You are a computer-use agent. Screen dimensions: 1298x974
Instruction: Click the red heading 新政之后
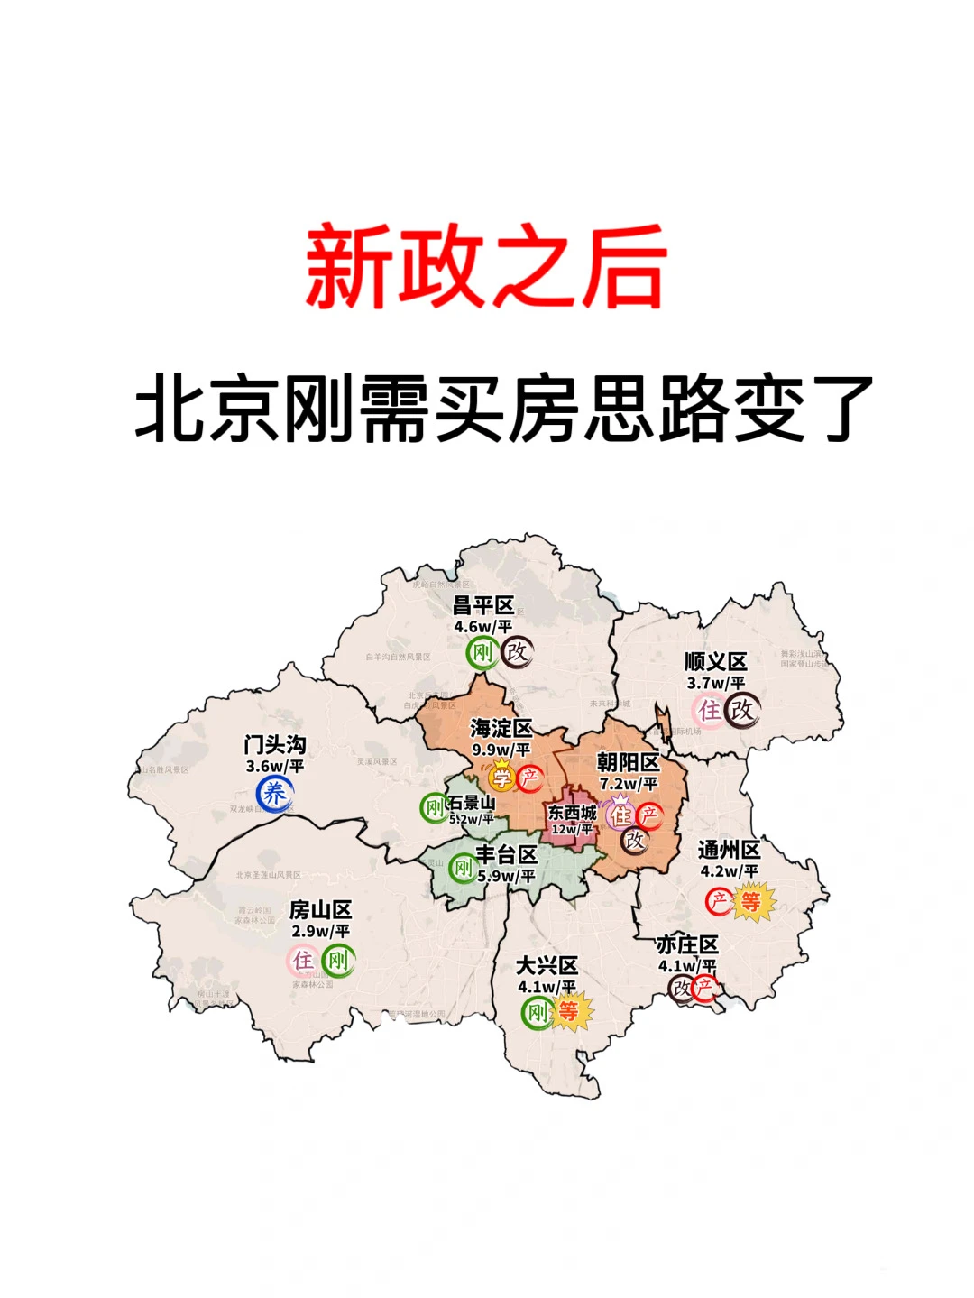click(486, 268)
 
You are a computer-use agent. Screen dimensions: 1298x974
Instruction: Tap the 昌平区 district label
click(483, 605)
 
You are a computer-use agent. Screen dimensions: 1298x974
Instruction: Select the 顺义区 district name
click(715, 662)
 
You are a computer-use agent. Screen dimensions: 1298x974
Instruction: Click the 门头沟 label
click(275, 745)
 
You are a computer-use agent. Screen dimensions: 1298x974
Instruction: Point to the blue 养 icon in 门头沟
click(274, 794)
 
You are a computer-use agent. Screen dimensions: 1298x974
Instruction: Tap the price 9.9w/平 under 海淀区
click(501, 750)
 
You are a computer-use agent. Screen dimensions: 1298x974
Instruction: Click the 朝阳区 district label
click(629, 763)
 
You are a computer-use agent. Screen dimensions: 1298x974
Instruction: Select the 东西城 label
click(573, 812)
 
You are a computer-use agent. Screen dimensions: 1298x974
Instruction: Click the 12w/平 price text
click(573, 829)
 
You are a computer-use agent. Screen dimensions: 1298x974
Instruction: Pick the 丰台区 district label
click(507, 854)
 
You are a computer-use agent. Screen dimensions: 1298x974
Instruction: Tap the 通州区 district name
click(730, 850)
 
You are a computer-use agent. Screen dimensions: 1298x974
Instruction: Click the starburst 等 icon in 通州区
click(750, 901)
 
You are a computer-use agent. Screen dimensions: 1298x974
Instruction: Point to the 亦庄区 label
click(687, 944)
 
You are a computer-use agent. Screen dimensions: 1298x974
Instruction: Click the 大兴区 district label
click(547, 966)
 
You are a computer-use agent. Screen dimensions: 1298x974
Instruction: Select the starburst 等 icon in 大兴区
click(568, 1012)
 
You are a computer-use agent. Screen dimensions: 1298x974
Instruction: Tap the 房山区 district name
click(320, 910)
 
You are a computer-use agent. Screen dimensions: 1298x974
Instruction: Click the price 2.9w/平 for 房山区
click(320, 931)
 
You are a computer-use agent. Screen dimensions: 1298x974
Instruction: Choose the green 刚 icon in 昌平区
click(482, 652)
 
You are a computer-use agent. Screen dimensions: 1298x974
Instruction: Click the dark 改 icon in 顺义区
click(742, 710)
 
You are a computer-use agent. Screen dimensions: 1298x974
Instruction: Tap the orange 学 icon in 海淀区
click(501, 777)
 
